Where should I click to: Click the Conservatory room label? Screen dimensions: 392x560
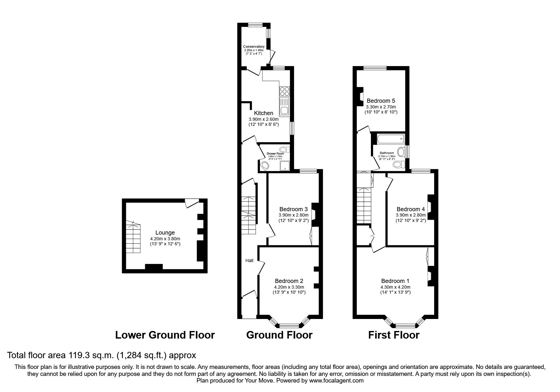click(254, 47)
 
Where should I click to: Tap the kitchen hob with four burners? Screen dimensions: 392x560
click(284, 91)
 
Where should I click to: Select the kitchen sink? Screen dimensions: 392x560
click(284, 107)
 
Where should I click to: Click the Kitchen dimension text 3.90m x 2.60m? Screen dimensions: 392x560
click(263, 119)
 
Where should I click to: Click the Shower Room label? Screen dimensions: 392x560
click(275, 154)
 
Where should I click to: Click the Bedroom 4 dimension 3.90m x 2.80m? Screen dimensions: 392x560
click(411, 215)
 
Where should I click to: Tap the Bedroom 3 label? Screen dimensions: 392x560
click(293, 209)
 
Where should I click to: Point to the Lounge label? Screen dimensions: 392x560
click(165, 233)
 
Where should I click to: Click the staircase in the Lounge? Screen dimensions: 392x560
click(133, 236)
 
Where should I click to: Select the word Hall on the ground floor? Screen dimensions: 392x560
click(249, 260)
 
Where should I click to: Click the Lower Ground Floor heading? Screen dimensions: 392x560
click(165, 335)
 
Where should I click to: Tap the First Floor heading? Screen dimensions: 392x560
click(393, 335)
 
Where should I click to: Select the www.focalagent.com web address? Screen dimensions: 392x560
click(336, 381)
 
